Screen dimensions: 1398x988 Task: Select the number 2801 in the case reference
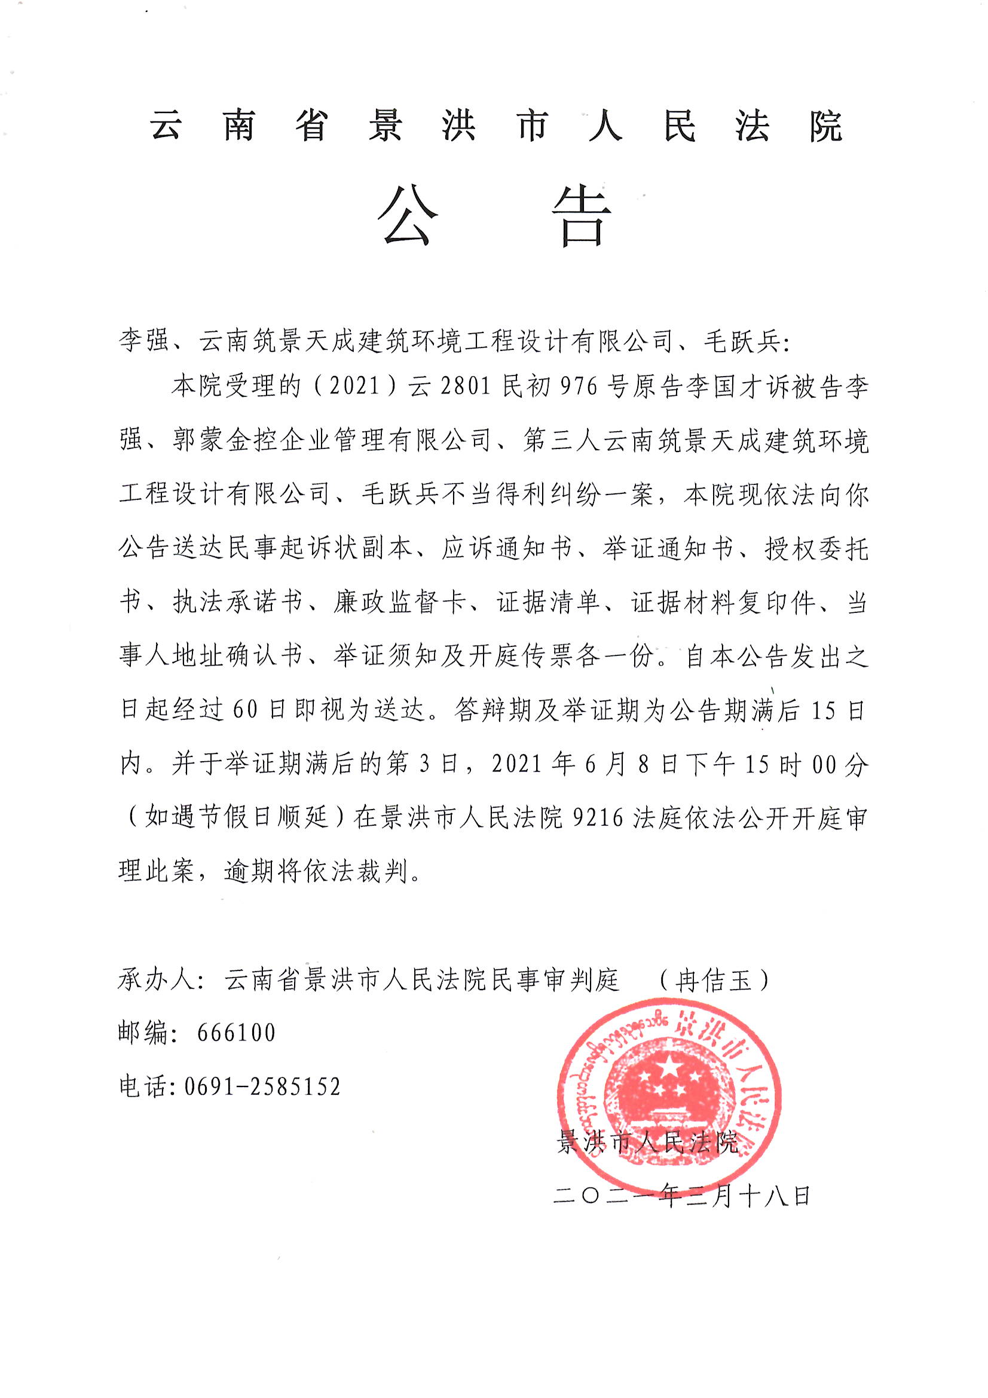[466, 387]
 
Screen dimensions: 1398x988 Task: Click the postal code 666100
[236, 1033]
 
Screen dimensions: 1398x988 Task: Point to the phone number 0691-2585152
[262, 1086]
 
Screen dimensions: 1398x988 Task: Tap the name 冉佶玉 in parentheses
[714, 980]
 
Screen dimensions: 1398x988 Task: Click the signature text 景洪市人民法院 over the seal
[648, 1143]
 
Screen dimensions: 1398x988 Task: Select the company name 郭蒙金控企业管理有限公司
[332, 440]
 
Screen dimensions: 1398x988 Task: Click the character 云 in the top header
[166, 127]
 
